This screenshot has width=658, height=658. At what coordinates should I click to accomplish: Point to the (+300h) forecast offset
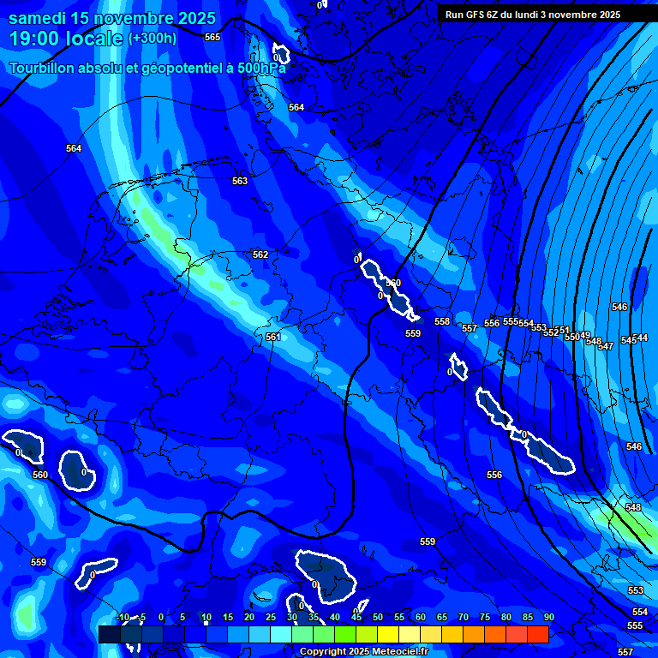pyautogui.click(x=153, y=39)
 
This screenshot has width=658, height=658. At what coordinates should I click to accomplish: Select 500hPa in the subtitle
pyautogui.click(x=260, y=68)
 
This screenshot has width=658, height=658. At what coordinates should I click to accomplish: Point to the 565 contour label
pyautogui.click(x=212, y=37)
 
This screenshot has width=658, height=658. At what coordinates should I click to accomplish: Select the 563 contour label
pyautogui.click(x=240, y=181)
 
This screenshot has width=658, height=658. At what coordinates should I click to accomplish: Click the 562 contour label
pyautogui.click(x=260, y=254)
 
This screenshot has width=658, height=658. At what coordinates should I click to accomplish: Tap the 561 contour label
pyautogui.click(x=272, y=337)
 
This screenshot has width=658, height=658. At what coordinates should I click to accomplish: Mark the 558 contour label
pyautogui.click(x=442, y=321)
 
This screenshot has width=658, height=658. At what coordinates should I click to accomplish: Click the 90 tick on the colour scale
pyautogui.click(x=548, y=617)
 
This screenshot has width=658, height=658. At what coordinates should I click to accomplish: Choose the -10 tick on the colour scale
pyautogui.click(x=121, y=617)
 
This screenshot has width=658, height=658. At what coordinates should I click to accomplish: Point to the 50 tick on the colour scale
pyautogui.click(x=377, y=617)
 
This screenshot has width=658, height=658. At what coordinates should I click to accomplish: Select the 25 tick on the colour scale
pyautogui.click(x=270, y=617)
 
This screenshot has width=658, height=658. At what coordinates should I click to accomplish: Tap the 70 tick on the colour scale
pyautogui.click(x=463, y=617)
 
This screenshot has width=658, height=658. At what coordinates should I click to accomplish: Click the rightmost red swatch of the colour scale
pyautogui.click(x=537, y=634)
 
